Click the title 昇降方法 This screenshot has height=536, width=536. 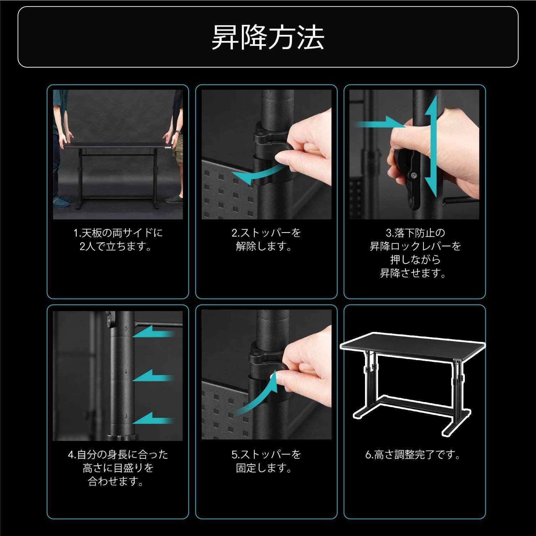click(x=268, y=37)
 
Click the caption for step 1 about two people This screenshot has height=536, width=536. click(x=118, y=239)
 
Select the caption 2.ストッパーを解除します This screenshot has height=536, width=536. click(x=266, y=239)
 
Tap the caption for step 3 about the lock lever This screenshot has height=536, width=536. click(x=415, y=253)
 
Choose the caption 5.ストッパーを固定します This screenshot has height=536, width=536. click(x=266, y=461)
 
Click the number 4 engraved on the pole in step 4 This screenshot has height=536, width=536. click(x=126, y=371)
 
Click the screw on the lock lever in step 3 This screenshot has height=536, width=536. click(x=414, y=176)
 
